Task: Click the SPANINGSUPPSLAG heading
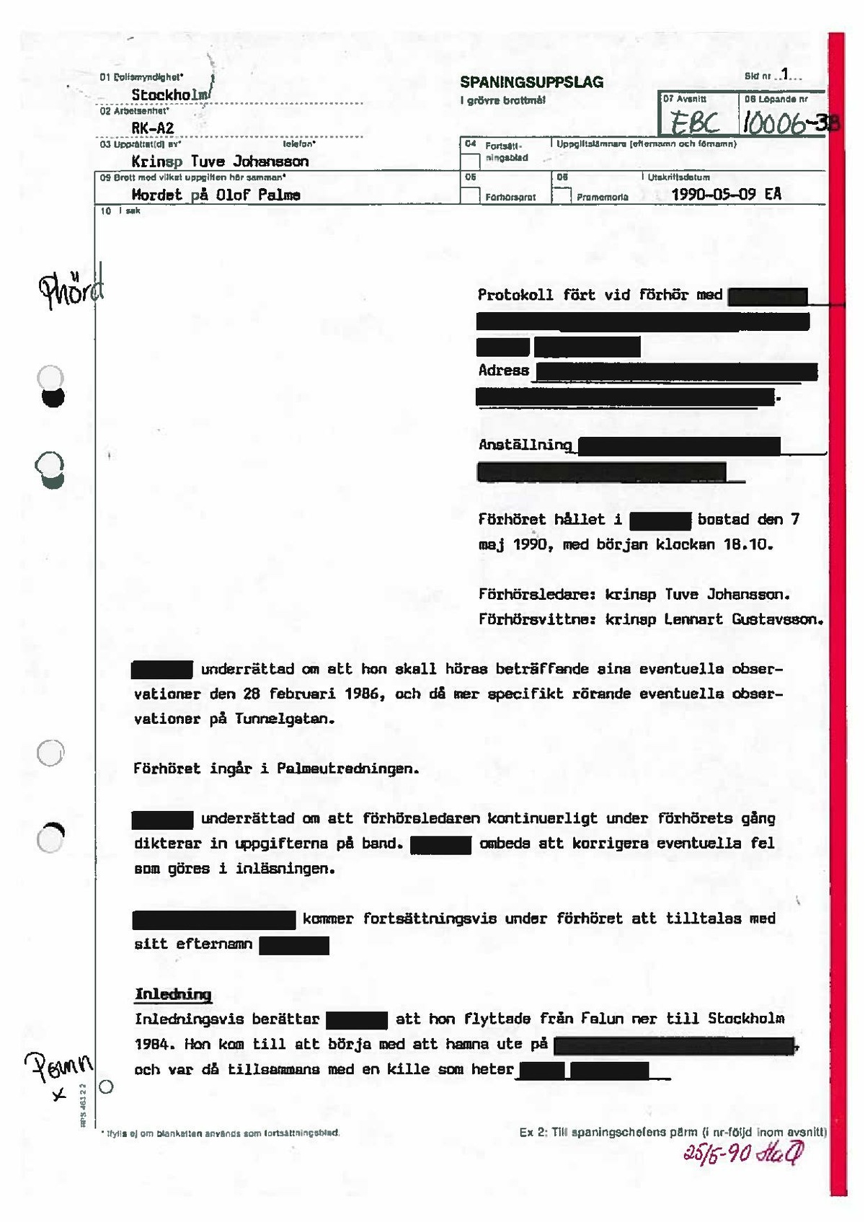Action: click(531, 82)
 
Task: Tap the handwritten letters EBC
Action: click(695, 123)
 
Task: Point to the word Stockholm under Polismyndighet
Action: click(170, 94)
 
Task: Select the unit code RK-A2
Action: click(153, 128)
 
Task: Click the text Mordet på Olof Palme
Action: click(216, 195)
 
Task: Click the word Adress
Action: click(503, 371)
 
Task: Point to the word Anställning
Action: click(525, 445)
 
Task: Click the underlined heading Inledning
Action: click(173, 994)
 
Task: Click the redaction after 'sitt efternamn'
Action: click(294, 945)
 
